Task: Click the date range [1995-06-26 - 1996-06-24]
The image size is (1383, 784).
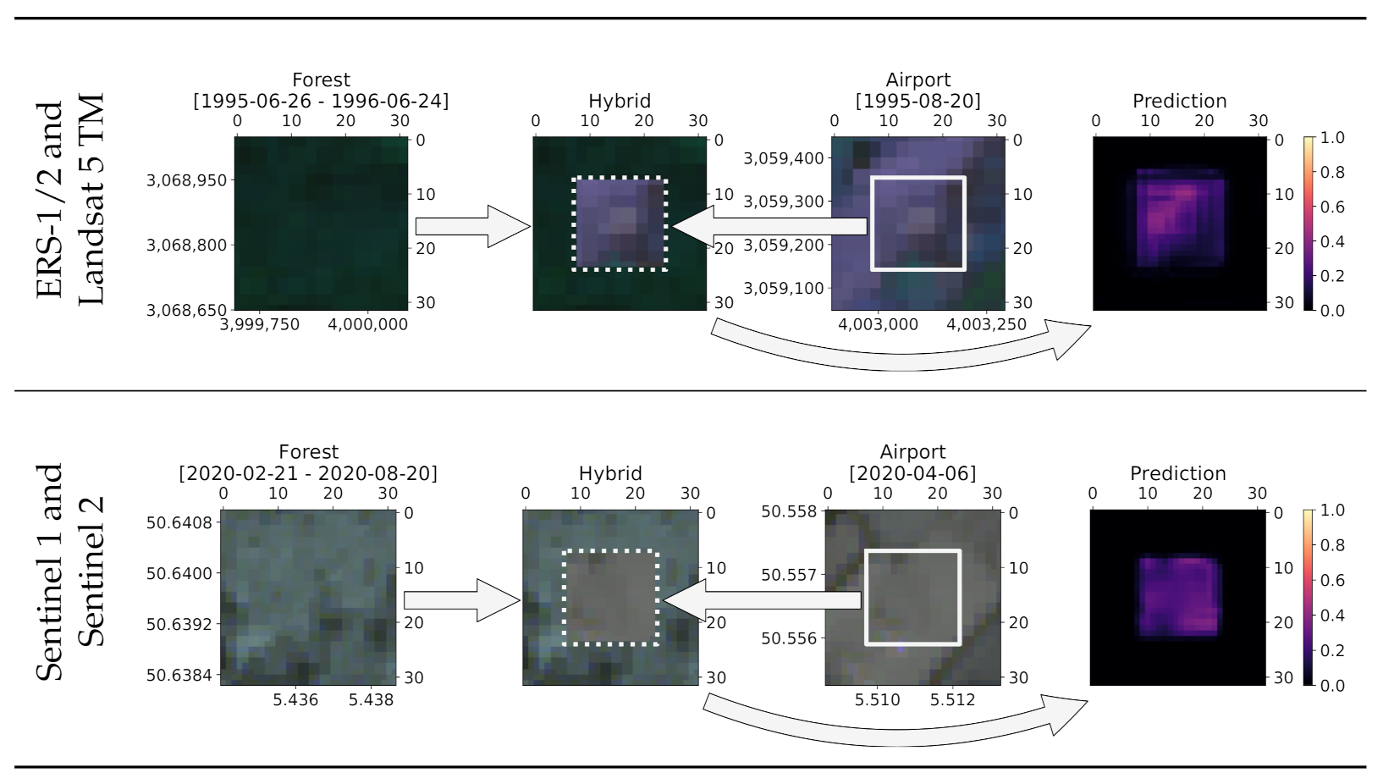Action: click(x=321, y=101)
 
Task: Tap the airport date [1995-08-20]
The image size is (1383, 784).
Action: click(x=917, y=101)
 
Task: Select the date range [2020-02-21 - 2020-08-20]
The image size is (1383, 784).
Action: click(x=308, y=473)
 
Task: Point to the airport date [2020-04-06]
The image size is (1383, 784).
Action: click(x=912, y=473)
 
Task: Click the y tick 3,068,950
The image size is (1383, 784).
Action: click(x=187, y=180)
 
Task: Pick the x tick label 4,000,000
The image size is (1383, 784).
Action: click(x=367, y=324)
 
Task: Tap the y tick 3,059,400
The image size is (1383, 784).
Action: click(x=783, y=158)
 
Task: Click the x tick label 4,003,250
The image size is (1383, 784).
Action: click(x=986, y=324)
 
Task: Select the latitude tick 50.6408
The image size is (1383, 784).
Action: click(x=179, y=522)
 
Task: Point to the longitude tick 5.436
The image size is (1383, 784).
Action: click(x=295, y=699)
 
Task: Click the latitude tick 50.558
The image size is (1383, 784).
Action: click(x=789, y=511)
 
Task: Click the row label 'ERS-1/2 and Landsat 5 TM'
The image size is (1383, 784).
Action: click(x=71, y=200)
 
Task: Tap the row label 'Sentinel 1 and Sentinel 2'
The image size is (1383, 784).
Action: click(x=71, y=572)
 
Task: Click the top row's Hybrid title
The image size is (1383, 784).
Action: click(x=620, y=101)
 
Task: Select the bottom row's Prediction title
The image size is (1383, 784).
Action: click(x=1177, y=473)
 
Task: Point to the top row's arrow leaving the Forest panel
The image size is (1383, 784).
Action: click(x=471, y=226)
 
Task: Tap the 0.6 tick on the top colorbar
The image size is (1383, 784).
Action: click(x=1332, y=207)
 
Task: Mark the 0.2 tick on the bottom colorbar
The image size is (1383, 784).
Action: click(x=1332, y=650)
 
